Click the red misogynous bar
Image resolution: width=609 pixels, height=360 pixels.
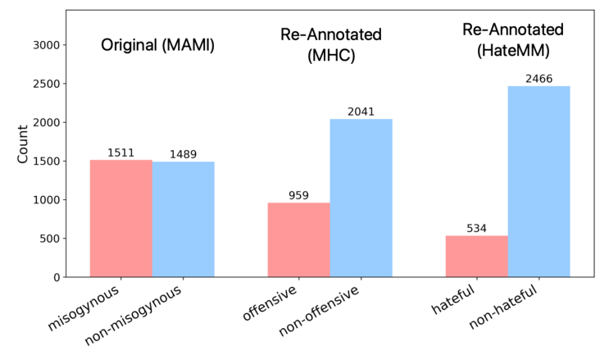[x=120, y=218]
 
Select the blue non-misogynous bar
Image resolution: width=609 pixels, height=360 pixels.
[x=183, y=219]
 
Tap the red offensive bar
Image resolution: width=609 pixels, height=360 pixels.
[x=298, y=239]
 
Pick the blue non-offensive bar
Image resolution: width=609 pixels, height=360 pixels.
[x=361, y=198]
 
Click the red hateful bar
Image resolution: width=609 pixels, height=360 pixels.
[x=476, y=256]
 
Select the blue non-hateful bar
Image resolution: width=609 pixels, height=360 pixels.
[x=539, y=181]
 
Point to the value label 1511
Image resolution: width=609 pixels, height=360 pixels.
[x=120, y=153]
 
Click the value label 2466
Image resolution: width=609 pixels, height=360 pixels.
[x=539, y=79]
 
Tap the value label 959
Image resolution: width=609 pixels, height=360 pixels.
[x=298, y=195]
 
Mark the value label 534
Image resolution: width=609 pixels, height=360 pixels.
[x=476, y=229]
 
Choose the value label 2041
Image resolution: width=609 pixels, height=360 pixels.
[x=361, y=112]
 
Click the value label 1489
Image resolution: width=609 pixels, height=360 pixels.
[x=183, y=154]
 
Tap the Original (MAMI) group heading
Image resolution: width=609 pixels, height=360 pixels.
[x=157, y=46]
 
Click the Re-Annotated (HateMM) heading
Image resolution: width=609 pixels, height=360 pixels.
[x=513, y=39]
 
